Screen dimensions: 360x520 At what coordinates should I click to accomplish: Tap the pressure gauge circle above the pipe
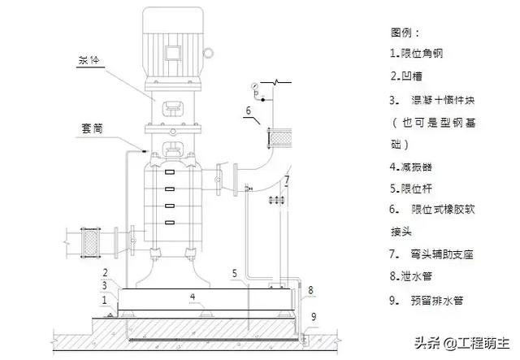click(x=253, y=85)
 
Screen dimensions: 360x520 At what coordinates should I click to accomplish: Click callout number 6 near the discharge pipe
click(x=248, y=111)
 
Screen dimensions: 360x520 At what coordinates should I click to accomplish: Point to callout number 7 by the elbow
click(x=286, y=180)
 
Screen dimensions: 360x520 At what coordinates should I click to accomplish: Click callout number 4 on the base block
click(x=193, y=297)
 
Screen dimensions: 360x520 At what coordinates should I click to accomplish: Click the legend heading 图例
click(x=405, y=33)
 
